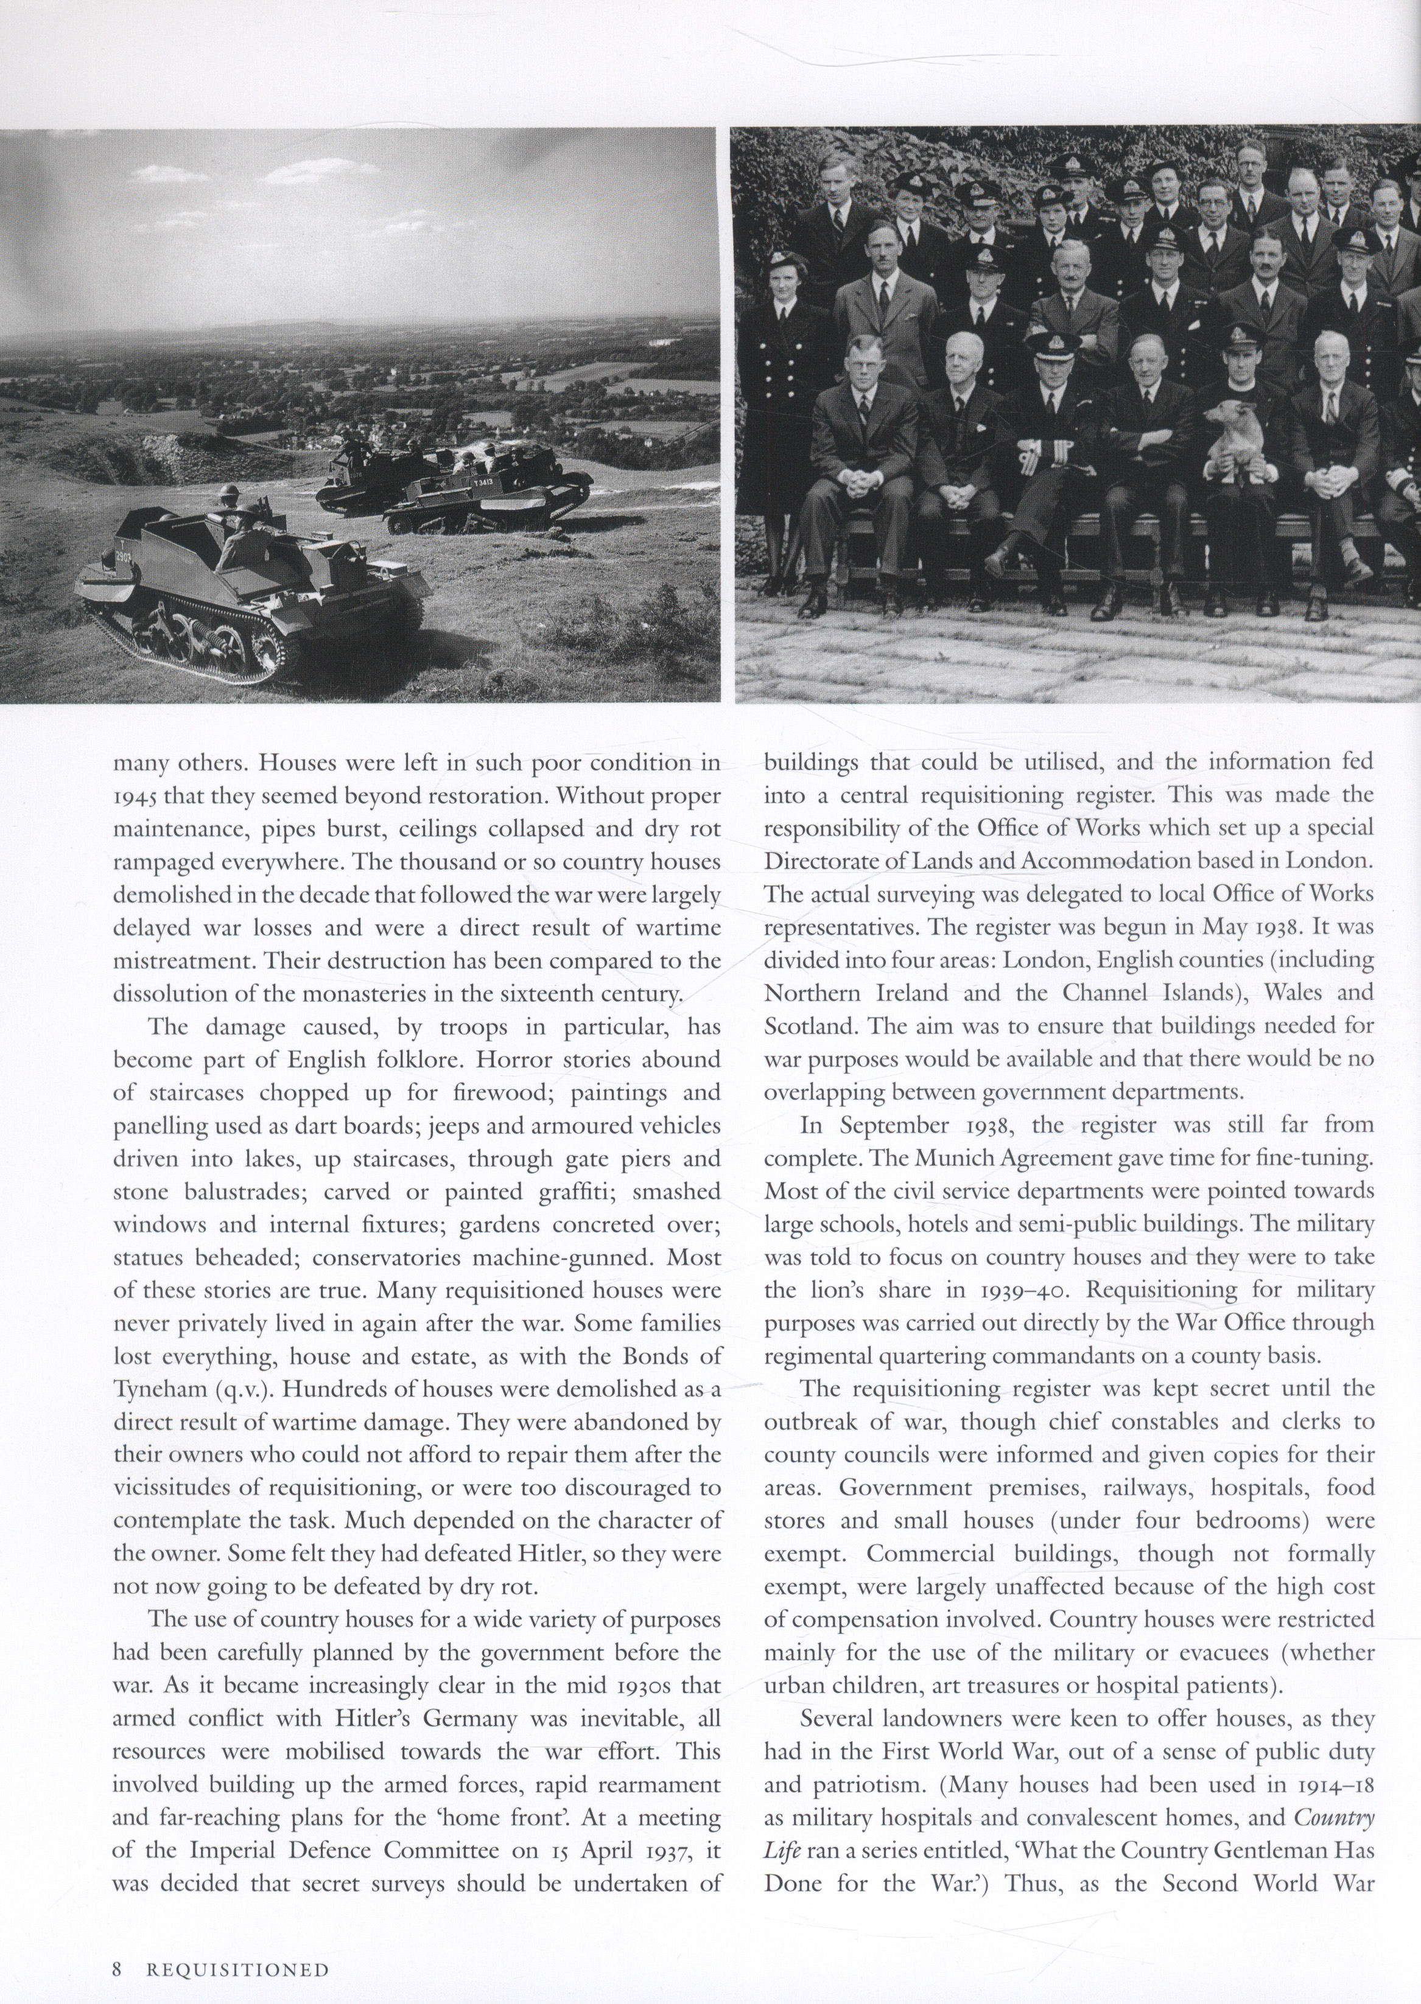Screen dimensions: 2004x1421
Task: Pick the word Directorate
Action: tap(817, 862)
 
